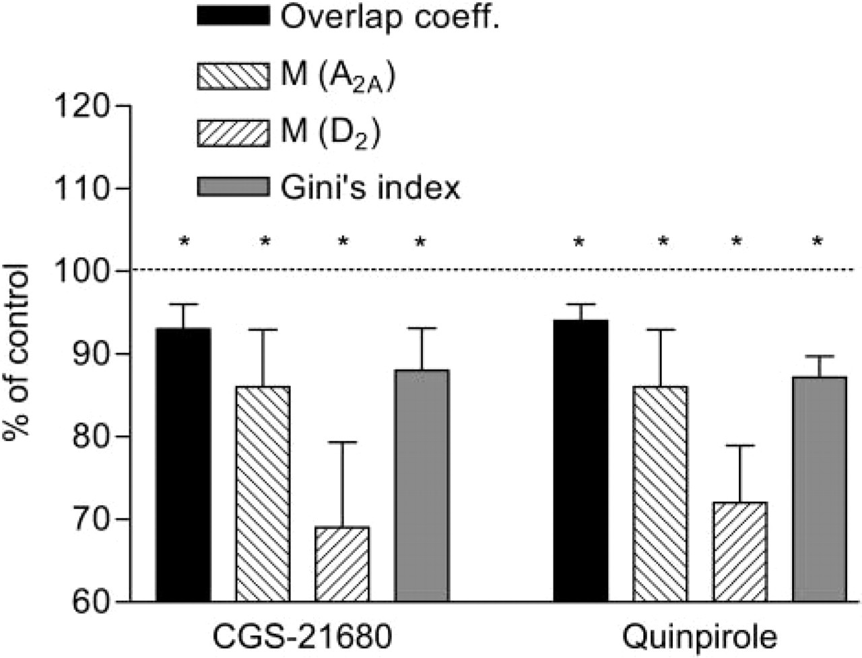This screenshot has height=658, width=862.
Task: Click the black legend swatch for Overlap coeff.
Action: [x=233, y=16]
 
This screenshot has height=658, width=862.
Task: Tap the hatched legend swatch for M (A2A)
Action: [x=233, y=76]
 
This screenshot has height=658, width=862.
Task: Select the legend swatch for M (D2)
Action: [x=233, y=133]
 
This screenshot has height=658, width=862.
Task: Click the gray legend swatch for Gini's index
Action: [x=233, y=186]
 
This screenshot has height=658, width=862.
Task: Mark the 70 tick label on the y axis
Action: [x=91, y=519]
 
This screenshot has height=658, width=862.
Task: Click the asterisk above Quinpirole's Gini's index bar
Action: [x=818, y=241]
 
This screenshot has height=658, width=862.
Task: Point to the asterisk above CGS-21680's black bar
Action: [x=184, y=241]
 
